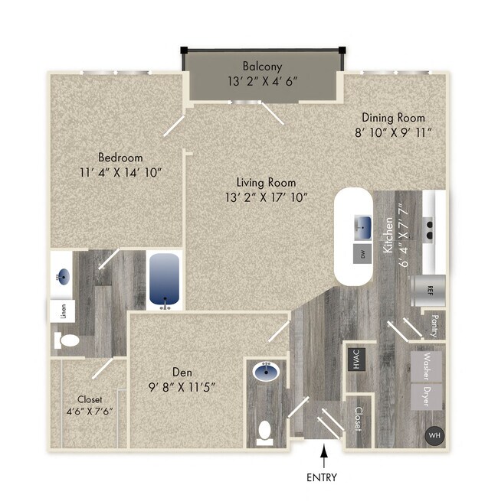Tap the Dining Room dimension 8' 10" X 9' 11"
[393, 132]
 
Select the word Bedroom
[120, 157]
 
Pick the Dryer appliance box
[428, 395]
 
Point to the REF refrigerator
[429, 291]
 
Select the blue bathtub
[163, 281]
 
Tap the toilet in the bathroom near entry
[265, 432]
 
